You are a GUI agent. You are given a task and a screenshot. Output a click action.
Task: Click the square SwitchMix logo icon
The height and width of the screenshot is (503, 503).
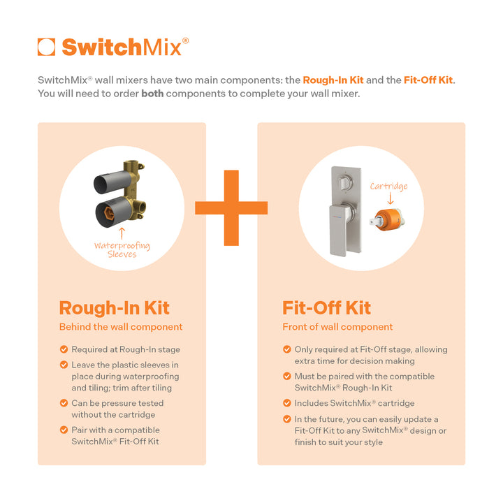point(47,47)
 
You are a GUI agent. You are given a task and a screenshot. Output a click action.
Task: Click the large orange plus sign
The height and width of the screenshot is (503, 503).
point(231,207)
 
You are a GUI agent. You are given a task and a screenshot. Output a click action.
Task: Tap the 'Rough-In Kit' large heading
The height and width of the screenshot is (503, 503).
point(114,308)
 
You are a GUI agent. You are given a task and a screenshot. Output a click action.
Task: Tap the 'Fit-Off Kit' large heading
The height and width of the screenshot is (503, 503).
point(326,308)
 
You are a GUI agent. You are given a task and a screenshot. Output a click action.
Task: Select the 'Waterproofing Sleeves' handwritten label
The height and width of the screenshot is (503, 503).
point(122,249)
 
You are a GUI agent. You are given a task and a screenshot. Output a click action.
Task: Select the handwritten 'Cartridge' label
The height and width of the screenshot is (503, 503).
point(388,186)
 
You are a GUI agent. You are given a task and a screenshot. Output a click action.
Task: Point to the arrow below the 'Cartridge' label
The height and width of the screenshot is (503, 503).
point(389,199)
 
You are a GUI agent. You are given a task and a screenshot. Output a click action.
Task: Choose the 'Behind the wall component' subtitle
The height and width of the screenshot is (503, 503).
point(121,327)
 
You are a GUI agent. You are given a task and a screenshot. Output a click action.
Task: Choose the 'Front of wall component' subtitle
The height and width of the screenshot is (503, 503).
point(337,327)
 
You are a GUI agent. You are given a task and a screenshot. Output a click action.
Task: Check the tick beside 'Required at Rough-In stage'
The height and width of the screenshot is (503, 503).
point(64,349)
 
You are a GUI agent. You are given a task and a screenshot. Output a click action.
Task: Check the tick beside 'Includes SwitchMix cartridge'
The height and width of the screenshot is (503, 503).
point(287,403)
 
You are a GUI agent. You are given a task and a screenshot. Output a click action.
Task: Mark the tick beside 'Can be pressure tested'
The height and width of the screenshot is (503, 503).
point(64,403)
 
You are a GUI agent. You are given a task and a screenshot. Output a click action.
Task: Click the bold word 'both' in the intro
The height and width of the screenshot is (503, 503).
point(152,94)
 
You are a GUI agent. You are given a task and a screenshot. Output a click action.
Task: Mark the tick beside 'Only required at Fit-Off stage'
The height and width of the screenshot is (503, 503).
point(287,349)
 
